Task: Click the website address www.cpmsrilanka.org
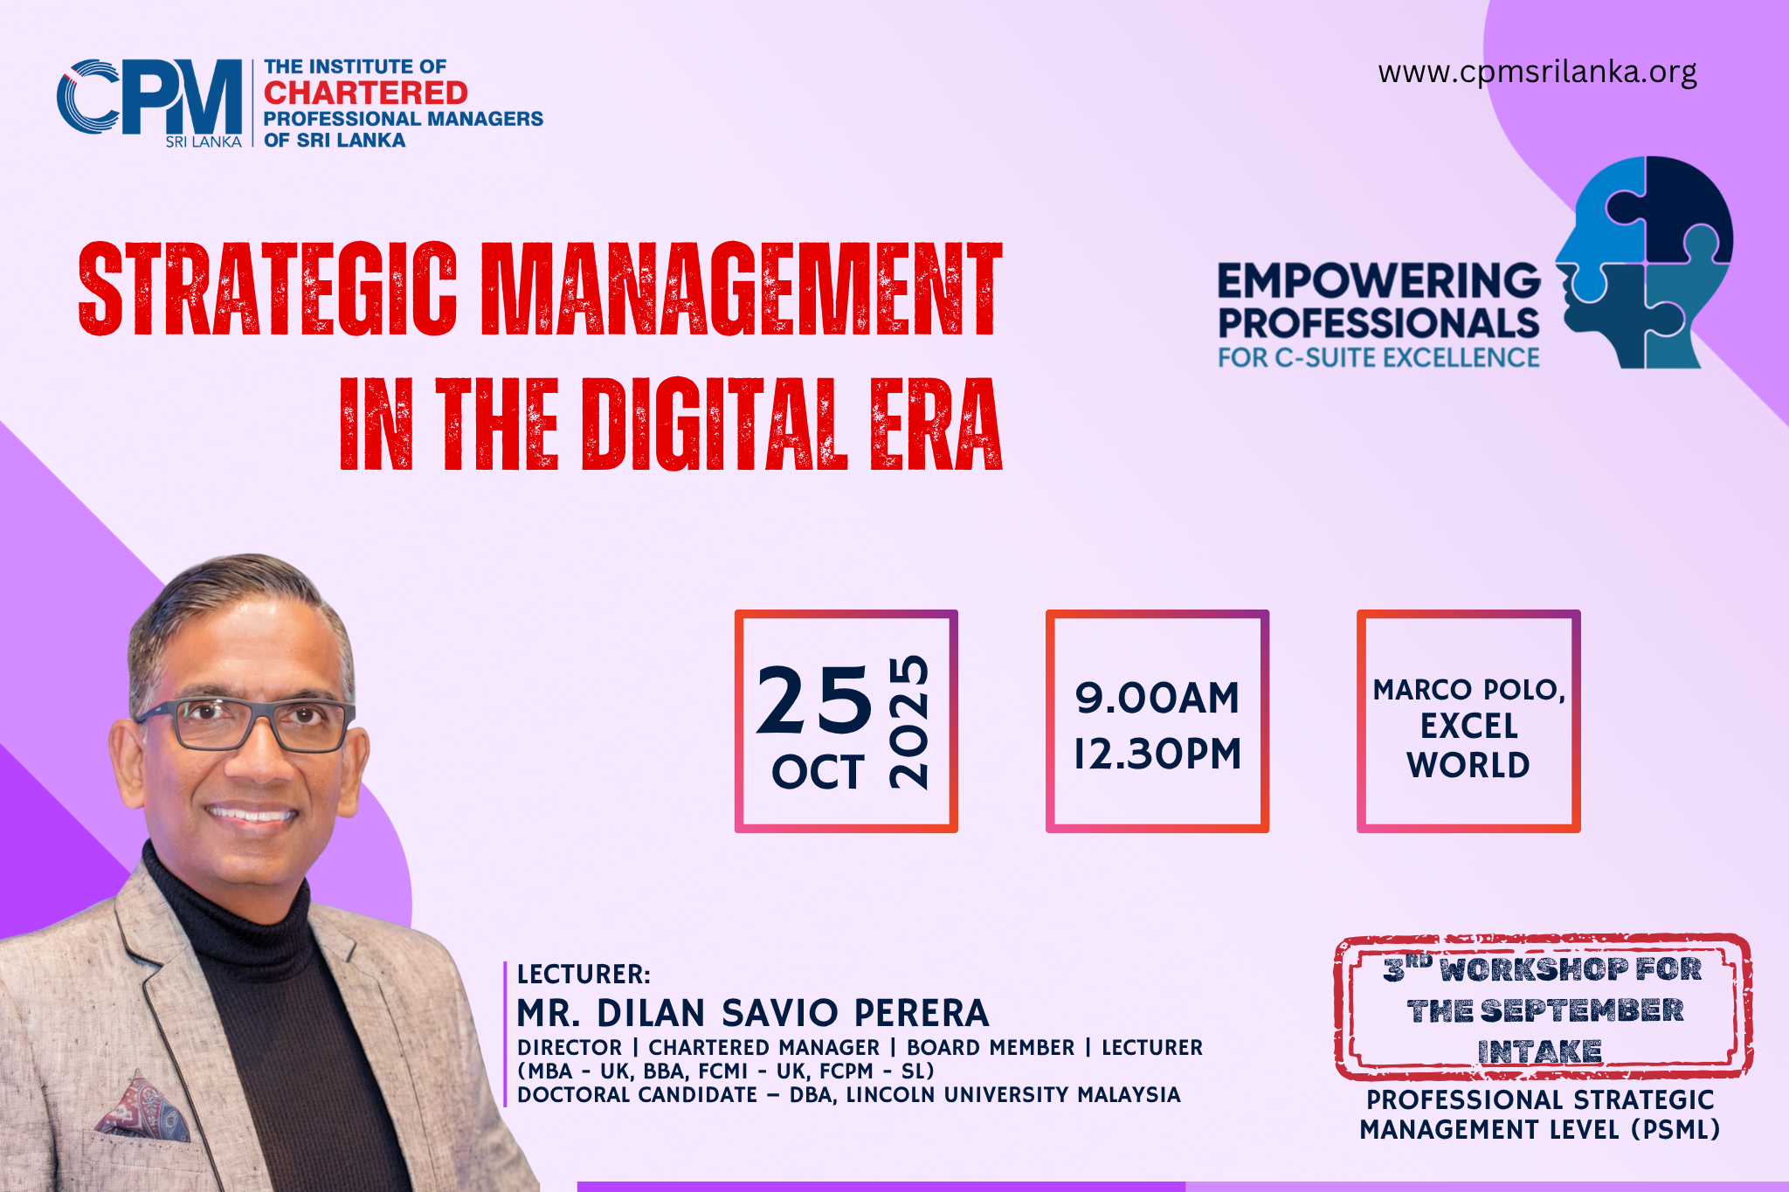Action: [1537, 72]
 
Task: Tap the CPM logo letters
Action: [149, 97]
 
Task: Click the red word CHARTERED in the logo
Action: [366, 93]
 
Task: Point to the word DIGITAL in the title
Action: [715, 425]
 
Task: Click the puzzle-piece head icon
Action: [1643, 262]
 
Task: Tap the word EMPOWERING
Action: [1379, 281]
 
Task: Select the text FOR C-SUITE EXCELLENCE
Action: [1378, 358]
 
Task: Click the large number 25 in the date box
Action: [814, 700]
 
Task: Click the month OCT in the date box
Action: [818, 772]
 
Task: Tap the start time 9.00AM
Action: [1157, 699]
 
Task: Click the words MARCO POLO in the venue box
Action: [1468, 690]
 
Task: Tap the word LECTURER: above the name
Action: [584, 975]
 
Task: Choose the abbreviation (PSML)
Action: [1675, 1130]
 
